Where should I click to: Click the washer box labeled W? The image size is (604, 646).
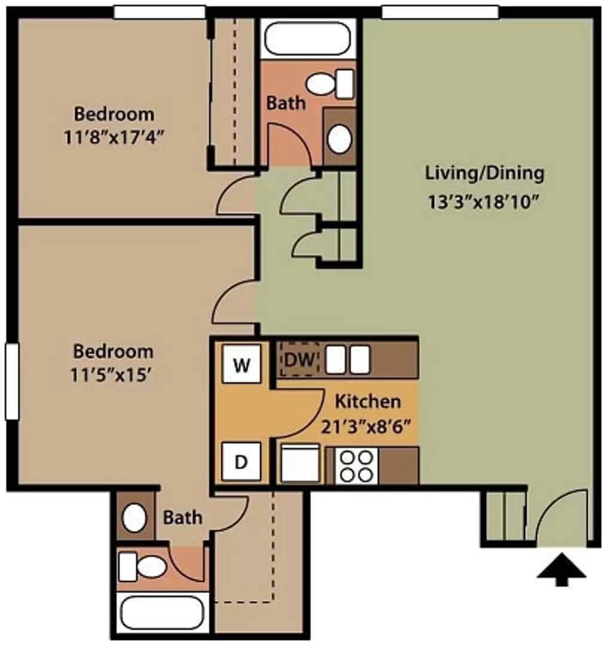click(x=242, y=364)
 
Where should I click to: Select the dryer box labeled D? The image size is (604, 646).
click(x=240, y=462)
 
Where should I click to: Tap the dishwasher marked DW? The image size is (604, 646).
click(x=300, y=359)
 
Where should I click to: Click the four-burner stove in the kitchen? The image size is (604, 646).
click(x=356, y=465)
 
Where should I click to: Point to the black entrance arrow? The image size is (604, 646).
click(x=561, y=572)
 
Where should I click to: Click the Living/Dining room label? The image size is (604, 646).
click(x=484, y=173)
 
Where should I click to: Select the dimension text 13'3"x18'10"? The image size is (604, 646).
click(x=484, y=202)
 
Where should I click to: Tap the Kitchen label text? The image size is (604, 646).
click(x=367, y=400)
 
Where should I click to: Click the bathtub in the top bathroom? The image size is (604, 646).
click(x=307, y=39)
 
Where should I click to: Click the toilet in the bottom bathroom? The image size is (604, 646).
click(x=141, y=566)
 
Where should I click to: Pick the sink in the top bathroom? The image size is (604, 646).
click(x=339, y=139)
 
